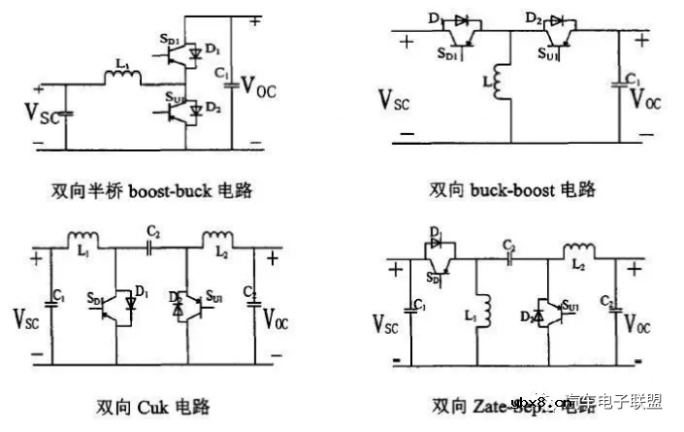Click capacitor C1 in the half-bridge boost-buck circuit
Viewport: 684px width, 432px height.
tap(230, 83)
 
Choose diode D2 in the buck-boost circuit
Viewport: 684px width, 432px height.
tap(556, 20)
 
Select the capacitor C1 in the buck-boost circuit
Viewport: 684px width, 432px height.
tap(619, 85)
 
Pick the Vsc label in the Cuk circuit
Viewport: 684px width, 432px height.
tap(27, 317)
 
